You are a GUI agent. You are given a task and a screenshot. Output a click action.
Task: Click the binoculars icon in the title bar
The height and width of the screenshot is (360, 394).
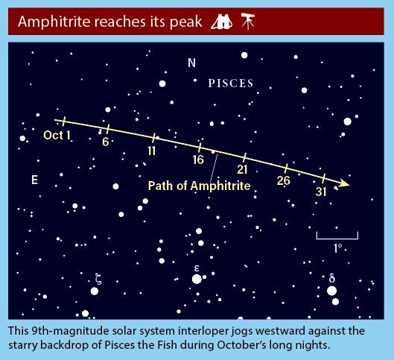(222, 22)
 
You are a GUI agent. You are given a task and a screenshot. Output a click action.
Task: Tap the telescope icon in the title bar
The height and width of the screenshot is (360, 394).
(248, 21)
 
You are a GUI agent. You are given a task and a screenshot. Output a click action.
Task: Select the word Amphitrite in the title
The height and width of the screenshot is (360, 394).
(54, 22)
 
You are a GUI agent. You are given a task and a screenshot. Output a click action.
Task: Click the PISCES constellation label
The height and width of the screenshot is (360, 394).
(231, 83)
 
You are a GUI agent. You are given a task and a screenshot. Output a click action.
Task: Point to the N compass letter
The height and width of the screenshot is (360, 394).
(191, 63)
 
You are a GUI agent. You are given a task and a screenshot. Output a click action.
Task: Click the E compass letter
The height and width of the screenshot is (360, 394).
(35, 180)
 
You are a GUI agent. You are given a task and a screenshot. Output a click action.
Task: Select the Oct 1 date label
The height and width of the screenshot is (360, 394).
(57, 135)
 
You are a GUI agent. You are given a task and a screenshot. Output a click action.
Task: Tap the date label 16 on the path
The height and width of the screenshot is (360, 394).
(198, 160)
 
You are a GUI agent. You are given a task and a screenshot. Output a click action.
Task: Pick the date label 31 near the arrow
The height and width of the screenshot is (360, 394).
(321, 192)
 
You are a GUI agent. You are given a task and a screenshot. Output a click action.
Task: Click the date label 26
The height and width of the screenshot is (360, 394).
(284, 180)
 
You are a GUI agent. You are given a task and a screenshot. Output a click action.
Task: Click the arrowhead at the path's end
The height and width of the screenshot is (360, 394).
(344, 183)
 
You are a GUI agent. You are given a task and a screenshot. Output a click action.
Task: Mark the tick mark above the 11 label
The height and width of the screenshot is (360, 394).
(153, 138)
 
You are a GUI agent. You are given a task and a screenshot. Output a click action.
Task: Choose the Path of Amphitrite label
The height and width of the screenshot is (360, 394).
(200, 186)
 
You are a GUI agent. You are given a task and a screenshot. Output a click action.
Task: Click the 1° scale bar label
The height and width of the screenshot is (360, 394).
(337, 248)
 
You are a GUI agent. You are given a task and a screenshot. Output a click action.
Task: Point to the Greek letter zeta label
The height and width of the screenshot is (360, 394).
(98, 279)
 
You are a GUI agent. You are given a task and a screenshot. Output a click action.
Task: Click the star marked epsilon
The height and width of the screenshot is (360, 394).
(197, 279)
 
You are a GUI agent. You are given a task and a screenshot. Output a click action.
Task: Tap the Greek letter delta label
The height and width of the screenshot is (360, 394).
(331, 278)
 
